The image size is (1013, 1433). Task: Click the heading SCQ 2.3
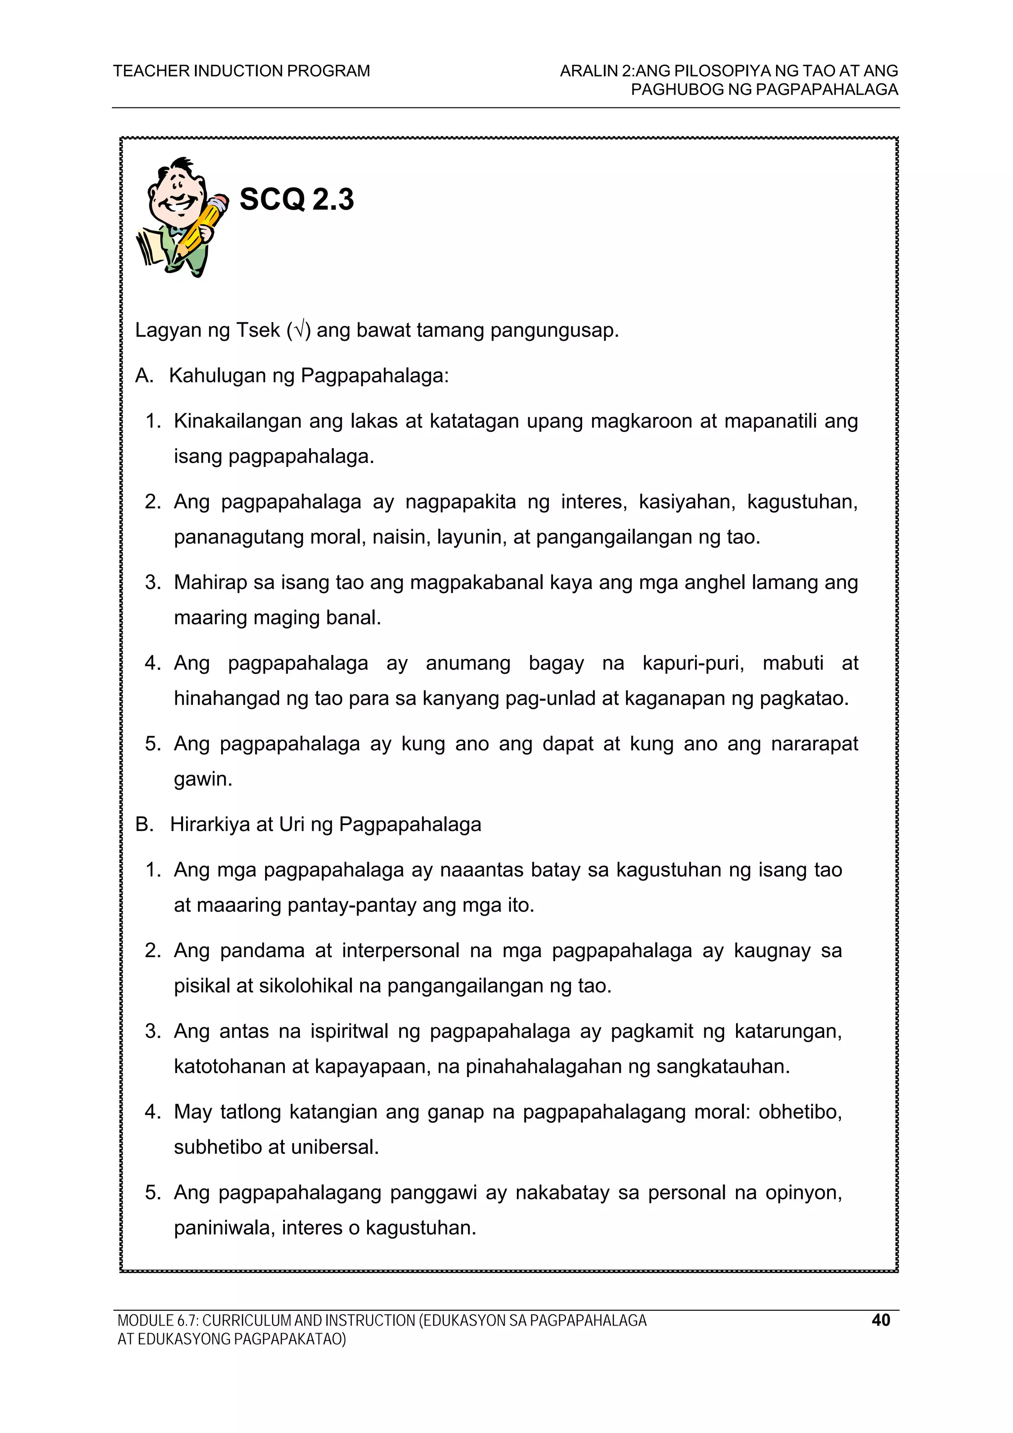point(296,200)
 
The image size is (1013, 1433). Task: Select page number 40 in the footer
point(880,1320)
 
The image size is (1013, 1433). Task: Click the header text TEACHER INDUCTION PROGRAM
point(241,71)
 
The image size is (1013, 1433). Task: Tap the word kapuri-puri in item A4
point(693,663)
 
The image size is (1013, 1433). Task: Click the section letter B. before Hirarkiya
point(144,825)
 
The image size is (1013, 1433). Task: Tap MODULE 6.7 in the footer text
point(157,1321)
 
